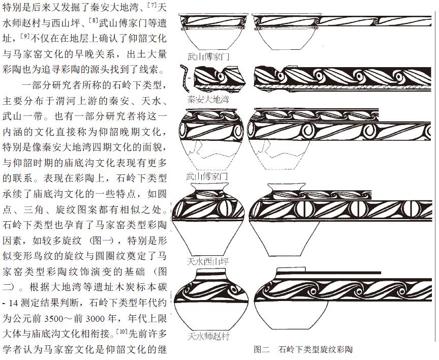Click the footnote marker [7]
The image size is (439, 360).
pos(152,5)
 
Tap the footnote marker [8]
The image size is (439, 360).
pos(93,20)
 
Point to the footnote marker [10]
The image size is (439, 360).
pos(122,332)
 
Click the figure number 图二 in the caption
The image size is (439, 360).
pos(262,349)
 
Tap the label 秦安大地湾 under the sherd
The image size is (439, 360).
pos(208,99)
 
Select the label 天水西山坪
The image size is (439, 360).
pos(208,262)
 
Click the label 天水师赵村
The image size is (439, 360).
pos(208,336)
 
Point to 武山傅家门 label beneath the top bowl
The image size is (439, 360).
pos(208,57)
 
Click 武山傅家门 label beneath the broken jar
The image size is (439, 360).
pos(207,176)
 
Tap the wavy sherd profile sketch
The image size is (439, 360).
pos(184,78)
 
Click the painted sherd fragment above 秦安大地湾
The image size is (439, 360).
pos(220,78)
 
